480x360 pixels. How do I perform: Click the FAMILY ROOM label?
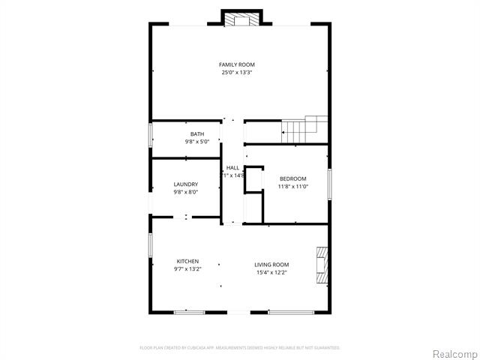[x=236, y=64]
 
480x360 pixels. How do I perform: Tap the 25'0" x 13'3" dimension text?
[x=236, y=73]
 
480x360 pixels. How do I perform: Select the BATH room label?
[x=196, y=134]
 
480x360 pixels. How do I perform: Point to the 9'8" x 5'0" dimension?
[x=196, y=142]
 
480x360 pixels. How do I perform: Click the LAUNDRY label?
[x=185, y=184]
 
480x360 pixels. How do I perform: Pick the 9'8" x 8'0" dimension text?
[x=185, y=192]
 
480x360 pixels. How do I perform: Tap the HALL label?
[x=232, y=167]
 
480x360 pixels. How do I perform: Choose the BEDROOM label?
[x=292, y=178]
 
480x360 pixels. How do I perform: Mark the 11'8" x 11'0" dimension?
[x=292, y=187]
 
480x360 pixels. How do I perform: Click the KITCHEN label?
[x=187, y=261]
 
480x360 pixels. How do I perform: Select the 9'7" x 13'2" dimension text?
[x=187, y=269]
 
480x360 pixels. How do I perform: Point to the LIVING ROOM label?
[x=271, y=264]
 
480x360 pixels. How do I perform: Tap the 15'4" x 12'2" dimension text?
[x=271, y=272]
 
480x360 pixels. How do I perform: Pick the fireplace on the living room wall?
[x=322, y=265]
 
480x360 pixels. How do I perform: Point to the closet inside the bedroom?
[x=254, y=193]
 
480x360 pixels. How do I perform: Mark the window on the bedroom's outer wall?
[x=329, y=184]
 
